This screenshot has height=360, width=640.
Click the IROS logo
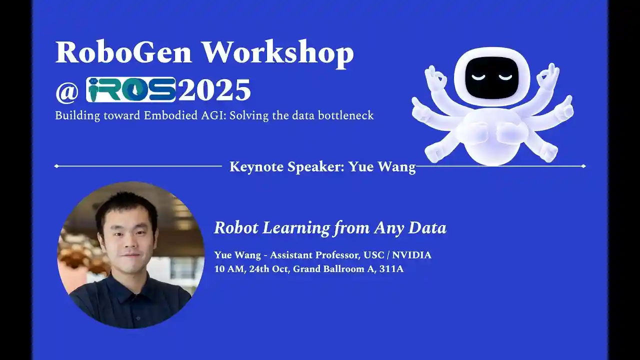(130, 90)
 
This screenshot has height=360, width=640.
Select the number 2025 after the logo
(214, 90)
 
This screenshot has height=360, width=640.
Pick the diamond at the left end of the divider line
(56, 166)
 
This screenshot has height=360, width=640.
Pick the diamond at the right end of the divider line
(583, 166)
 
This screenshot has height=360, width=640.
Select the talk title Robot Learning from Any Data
(330, 228)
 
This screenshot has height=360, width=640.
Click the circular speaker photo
(131, 255)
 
